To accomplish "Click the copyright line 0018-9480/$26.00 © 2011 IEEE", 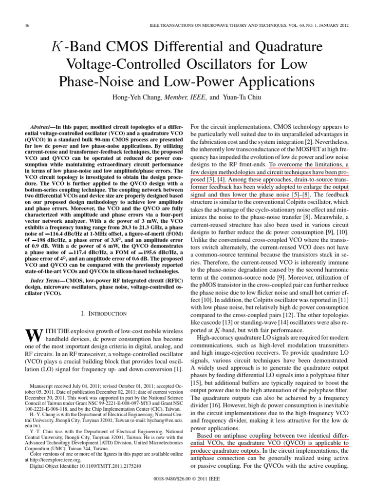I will click(187, 480).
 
